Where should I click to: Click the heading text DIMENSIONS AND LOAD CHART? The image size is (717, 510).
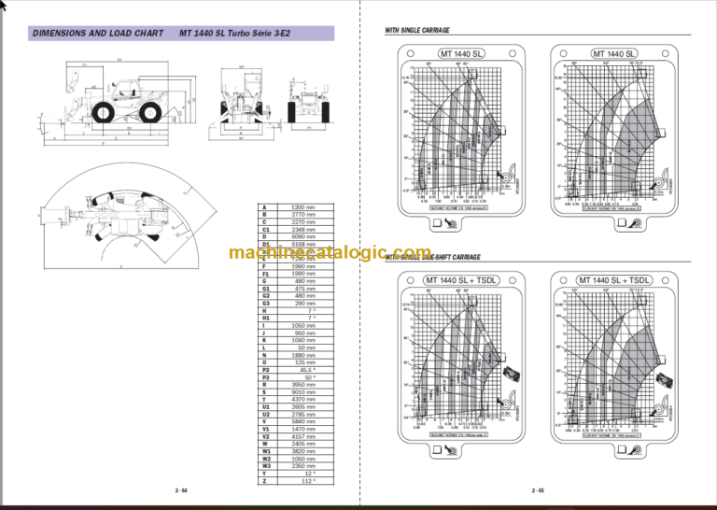(x=91, y=33)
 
